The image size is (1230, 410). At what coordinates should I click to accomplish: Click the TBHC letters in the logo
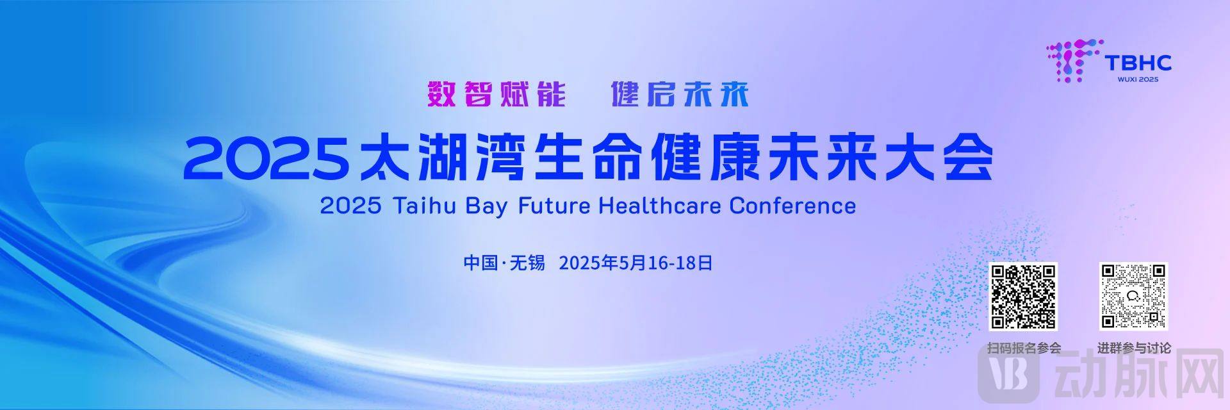1138,62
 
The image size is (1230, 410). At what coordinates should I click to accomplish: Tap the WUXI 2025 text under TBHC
1138,79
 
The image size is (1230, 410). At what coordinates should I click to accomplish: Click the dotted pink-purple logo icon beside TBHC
1074,61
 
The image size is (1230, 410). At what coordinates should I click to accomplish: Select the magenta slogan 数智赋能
496,94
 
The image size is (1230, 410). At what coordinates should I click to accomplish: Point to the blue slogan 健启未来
680,94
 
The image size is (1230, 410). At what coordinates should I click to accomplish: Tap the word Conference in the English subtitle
792,206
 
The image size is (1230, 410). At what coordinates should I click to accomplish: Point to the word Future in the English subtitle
553,206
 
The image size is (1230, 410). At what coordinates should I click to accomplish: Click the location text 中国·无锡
504,263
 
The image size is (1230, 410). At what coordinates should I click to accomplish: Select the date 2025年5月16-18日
635,263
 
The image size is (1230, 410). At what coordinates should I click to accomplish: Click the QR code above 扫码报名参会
1024,297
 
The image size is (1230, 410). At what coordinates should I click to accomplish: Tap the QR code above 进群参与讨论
1133,297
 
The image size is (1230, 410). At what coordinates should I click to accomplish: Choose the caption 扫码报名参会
1024,348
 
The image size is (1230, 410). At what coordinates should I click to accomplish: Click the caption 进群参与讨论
1134,348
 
